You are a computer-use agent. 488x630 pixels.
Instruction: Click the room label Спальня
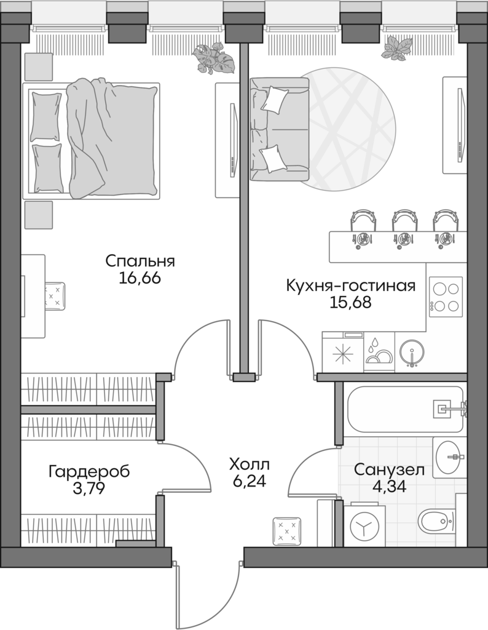coord(140,261)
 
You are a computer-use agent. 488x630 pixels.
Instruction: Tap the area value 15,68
coord(350,303)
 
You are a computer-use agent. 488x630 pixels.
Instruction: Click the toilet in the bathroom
coord(438,522)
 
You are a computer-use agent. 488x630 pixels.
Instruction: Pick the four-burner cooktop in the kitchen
coord(446,297)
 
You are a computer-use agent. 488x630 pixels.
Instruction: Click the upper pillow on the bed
coord(47,115)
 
